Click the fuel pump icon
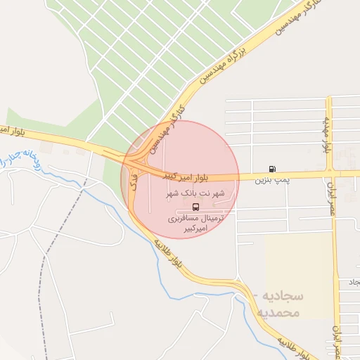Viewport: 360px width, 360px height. (x=272, y=169)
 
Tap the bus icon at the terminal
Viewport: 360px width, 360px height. (x=195, y=207)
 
